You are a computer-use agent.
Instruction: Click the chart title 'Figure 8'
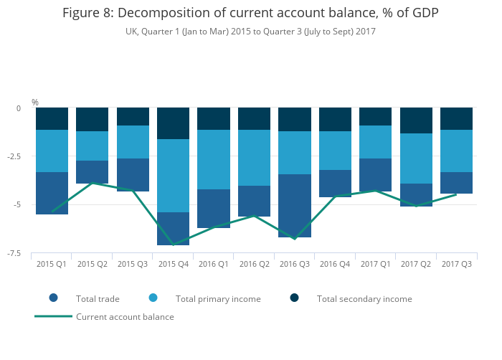pos(250,13)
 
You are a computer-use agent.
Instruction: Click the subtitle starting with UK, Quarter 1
pos(250,32)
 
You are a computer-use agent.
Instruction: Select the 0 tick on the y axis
pos(19,108)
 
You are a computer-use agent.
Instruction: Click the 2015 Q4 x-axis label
pos(173,264)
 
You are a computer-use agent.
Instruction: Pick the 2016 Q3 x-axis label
pos(294,264)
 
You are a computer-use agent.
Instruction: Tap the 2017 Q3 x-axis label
pos(456,264)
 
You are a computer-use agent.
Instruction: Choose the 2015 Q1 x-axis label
pos(52,264)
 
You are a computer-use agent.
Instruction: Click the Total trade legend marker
pos(53,298)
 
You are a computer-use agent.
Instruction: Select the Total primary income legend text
pos(218,298)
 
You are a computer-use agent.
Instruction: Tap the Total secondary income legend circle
pos(294,298)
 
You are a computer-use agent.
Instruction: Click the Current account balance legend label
pos(125,316)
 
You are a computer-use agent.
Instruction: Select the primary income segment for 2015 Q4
pos(173,176)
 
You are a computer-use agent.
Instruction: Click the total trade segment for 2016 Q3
pos(294,206)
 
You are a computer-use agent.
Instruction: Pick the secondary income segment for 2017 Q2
pos(416,120)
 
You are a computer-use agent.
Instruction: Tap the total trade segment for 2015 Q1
pos(52,193)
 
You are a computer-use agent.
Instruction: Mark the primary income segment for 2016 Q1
pos(214,159)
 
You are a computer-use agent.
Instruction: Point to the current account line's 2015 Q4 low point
pos(173,245)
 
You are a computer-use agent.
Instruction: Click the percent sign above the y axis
pos(35,103)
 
